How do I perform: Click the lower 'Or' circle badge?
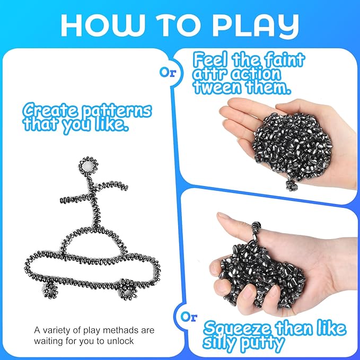pos(187,317)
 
